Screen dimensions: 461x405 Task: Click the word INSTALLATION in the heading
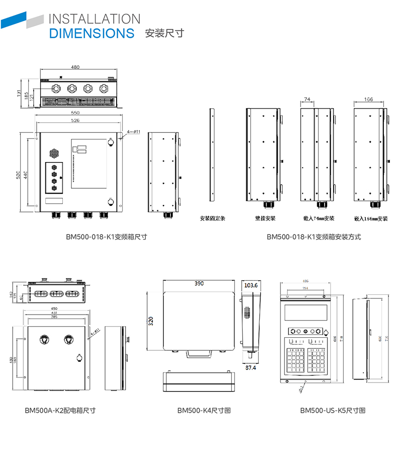click(x=94, y=19)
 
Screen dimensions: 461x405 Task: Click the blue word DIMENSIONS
click(x=91, y=34)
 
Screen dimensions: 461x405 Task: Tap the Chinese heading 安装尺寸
click(x=164, y=34)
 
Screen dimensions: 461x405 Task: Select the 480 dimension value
click(x=75, y=67)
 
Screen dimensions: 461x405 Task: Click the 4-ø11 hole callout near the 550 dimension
click(x=133, y=131)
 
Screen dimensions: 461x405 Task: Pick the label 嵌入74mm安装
click(x=319, y=219)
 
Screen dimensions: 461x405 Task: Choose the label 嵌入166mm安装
click(x=371, y=219)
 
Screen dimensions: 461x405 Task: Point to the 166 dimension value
click(x=369, y=100)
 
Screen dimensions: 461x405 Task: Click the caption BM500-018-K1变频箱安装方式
click(x=314, y=237)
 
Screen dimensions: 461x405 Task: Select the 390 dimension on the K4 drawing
click(x=199, y=284)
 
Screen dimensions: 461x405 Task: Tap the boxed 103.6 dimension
click(x=250, y=285)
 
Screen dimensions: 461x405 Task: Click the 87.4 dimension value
click(x=250, y=368)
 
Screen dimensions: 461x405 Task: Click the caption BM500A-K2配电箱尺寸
click(x=60, y=411)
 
